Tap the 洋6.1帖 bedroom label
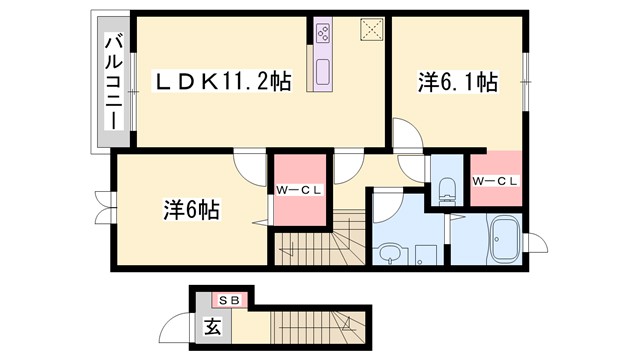click(x=457, y=84)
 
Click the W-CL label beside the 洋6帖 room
click(x=299, y=188)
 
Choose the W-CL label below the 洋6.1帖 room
click(x=495, y=181)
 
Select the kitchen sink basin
click(x=324, y=73)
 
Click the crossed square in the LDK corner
click(x=372, y=30)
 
